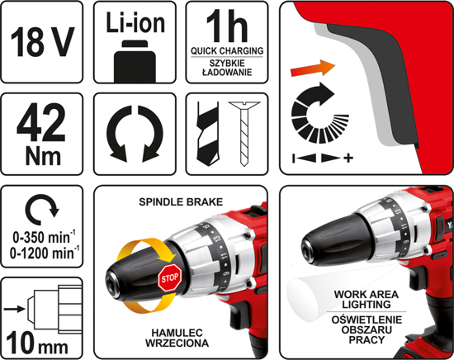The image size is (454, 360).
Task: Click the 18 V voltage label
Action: click(42, 41)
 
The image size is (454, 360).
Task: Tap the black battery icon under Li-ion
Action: click(135, 61)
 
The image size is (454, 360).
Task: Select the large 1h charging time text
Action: click(227, 27)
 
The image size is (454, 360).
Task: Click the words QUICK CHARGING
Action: click(227, 51)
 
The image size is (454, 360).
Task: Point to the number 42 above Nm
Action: click(41, 123)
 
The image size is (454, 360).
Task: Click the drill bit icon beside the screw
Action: click(207, 133)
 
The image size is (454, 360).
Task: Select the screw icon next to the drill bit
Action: click(244, 134)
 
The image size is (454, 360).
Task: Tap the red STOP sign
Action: click(170, 278)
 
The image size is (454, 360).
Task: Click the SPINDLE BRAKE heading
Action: click(181, 201)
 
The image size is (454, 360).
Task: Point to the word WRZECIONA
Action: click(177, 343)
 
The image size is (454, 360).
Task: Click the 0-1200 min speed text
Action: click(45, 253)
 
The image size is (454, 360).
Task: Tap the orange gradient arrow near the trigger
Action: click(313, 69)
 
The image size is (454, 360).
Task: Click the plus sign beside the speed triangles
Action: click(348, 159)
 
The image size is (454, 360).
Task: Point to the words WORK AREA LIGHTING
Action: click(366, 299)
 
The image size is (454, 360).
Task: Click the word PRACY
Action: click(367, 339)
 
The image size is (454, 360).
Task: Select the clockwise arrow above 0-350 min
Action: click(42, 210)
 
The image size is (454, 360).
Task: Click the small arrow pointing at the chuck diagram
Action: click(15, 309)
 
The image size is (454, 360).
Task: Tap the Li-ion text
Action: click(135, 22)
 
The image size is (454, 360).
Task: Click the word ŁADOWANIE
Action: click(227, 72)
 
